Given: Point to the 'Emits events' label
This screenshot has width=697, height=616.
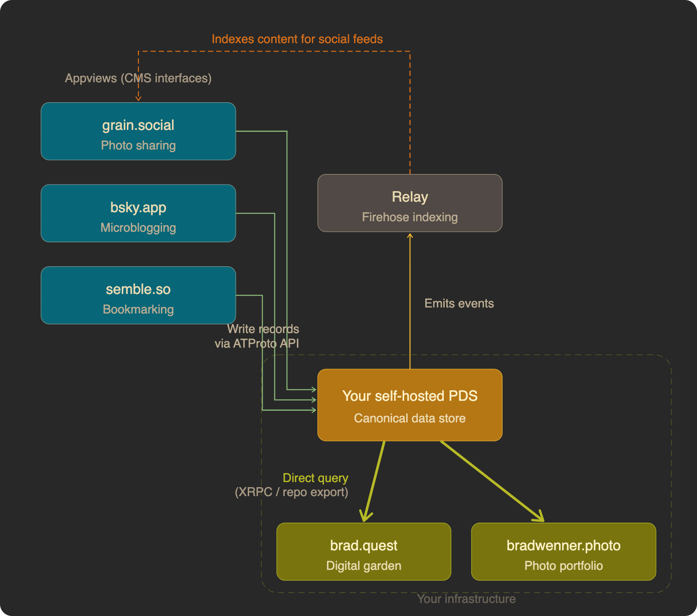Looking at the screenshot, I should click(459, 303).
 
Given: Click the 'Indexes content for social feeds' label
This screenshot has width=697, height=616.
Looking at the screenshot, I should click(297, 39).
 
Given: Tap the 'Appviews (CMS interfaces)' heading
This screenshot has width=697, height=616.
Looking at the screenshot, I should click(138, 78).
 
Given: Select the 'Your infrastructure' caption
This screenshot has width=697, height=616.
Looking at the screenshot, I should click(466, 599).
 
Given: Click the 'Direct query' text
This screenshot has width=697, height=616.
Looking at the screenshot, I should click(315, 478).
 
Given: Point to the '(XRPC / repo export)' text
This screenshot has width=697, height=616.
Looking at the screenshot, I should click(291, 492).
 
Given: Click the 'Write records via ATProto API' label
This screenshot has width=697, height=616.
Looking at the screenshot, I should click(257, 336).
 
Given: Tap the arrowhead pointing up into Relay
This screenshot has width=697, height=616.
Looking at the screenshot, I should click(410, 236).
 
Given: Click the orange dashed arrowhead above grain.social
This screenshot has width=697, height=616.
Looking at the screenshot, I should click(138, 98).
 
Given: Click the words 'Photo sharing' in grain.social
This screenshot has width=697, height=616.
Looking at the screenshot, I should click(138, 145).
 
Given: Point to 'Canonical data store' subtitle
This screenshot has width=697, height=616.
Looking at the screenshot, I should click(410, 418).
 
